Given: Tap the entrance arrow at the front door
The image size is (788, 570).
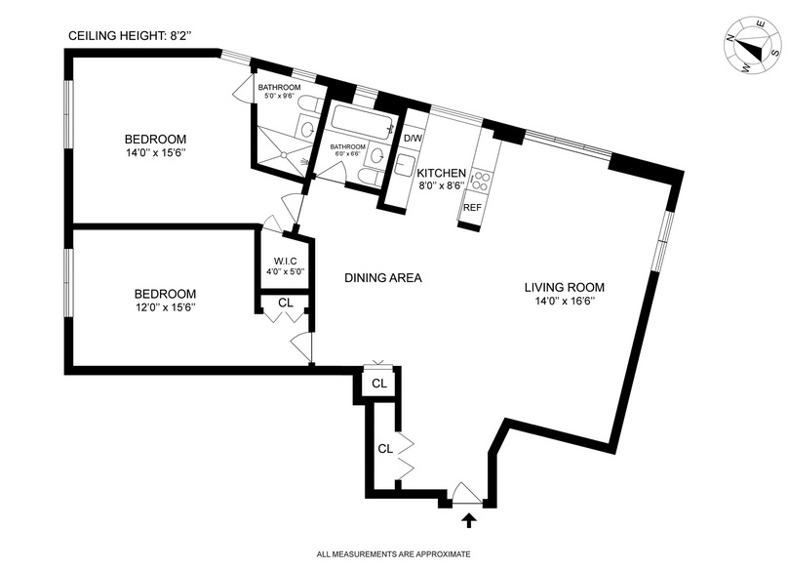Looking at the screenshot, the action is (x=470, y=521).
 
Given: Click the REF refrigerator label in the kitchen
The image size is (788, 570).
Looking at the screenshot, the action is (x=472, y=208).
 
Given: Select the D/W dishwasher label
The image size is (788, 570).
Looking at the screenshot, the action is (x=413, y=138).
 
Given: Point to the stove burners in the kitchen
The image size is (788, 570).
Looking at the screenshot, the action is (x=481, y=180).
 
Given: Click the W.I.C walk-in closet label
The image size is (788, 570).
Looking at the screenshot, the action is (x=285, y=260).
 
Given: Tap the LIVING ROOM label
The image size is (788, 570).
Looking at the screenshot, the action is (x=565, y=288).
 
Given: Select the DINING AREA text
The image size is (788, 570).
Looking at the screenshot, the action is (x=383, y=278).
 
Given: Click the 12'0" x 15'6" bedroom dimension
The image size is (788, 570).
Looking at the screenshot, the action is (x=165, y=307).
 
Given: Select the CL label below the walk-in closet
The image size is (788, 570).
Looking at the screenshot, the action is (x=285, y=303).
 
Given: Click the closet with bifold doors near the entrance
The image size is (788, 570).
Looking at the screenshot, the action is (x=385, y=450).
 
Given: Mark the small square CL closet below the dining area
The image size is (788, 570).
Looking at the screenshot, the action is (x=379, y=384).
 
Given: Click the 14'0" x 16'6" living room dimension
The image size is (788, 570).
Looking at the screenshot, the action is (x=565, y=302).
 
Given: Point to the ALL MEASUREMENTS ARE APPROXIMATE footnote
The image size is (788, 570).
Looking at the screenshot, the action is (x=394, y=555).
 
